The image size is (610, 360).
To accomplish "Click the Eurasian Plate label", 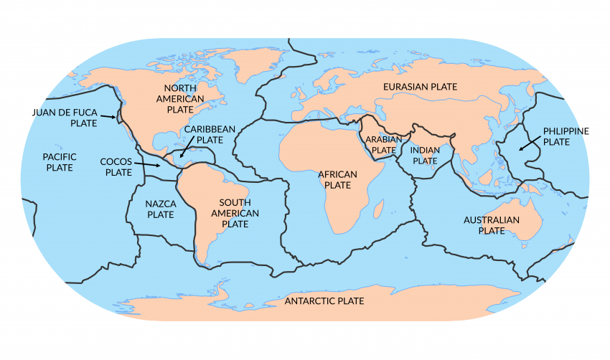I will [420, 87].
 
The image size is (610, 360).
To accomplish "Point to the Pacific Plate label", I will [59, 161].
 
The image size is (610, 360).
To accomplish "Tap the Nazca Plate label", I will [160, 209].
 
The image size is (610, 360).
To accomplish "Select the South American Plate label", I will [235, 213].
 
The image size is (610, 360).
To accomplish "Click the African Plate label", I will [337, 179].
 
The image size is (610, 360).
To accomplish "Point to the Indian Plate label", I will [424, 156].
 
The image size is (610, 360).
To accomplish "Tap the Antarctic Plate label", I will [324, 300].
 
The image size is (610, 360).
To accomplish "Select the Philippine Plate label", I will [566, 136].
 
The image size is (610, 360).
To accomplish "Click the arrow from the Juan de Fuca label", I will [108, 116].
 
